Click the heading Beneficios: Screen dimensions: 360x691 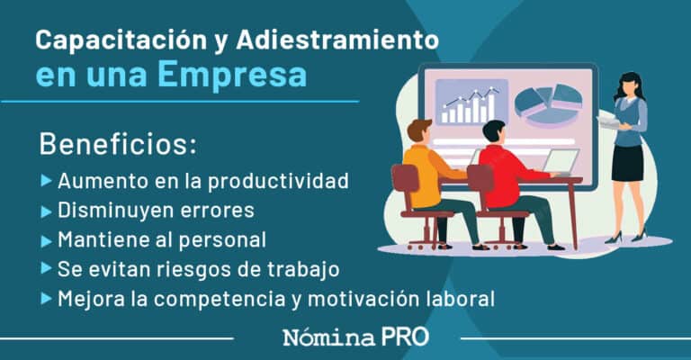click(x=118, y=144)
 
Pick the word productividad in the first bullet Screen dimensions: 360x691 click(x=278, y=180)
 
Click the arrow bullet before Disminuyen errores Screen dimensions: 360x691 click(x=47, y=211)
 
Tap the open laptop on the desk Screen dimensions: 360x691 click(x=560, y=162)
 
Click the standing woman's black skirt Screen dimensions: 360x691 click(x=627, y=162)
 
